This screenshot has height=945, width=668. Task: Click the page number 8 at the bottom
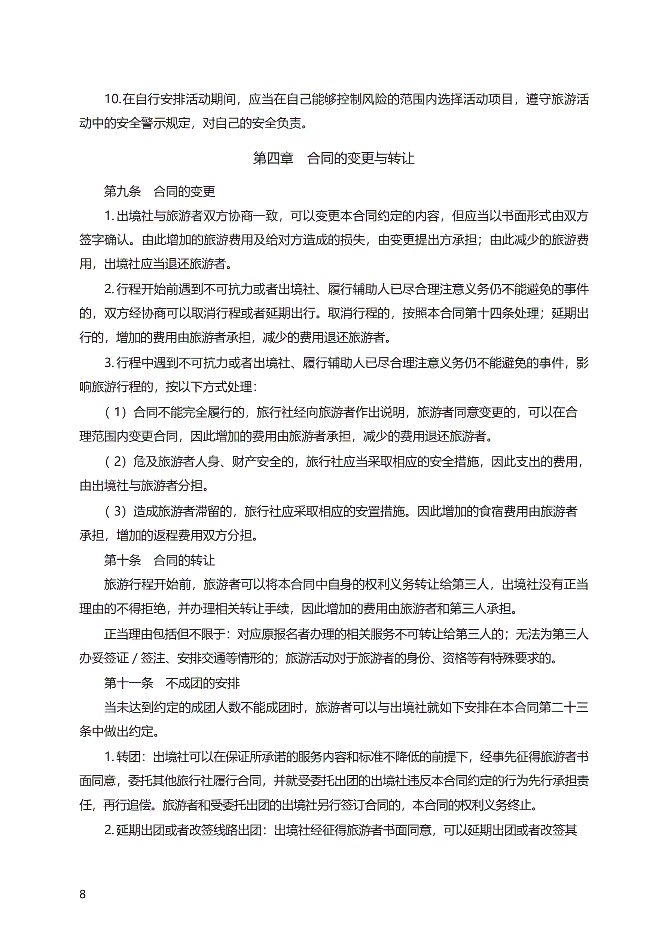pyautogui.click(x=82, y=894)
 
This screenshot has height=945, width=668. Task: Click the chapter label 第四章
pyautogui.click(x=273, y=158)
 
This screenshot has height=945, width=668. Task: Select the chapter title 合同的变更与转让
pyautogui.click(x=360, y=158)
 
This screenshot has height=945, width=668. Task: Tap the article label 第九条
pyautogui.click(x=122, y=192)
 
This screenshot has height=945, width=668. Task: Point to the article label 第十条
pyautogui.click(x=122, y=560)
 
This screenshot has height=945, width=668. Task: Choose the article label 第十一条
pyautogui.click(x=128, y=683)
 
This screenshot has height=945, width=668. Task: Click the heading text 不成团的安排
pyautogui.click(x=202, y=683)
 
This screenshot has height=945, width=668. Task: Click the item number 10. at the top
pyautogui.click(x=112, y=99)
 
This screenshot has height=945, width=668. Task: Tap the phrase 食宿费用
pyautogui.click(x=504, y=511)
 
